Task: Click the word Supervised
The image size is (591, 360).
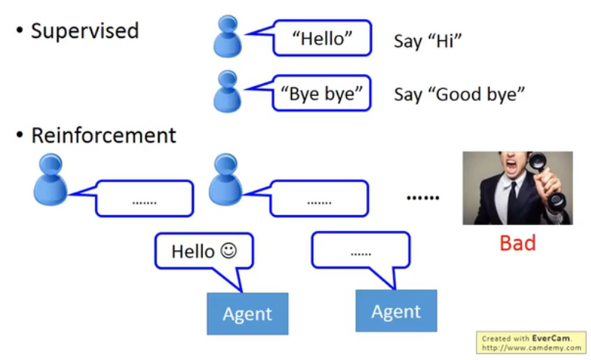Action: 85,31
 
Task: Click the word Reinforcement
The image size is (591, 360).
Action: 104,135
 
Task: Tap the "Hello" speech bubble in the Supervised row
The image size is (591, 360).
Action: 322,38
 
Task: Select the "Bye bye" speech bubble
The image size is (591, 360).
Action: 321,94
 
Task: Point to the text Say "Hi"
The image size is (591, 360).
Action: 428,41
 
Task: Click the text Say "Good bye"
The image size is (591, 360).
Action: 459,94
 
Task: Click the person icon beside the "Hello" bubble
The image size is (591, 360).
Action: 227,36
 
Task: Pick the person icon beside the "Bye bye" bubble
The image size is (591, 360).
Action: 227,91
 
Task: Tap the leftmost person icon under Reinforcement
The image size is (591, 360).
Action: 50,179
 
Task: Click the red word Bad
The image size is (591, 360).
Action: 517,243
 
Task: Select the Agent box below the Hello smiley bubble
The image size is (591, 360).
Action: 248,314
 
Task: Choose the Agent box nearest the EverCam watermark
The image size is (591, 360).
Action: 396,311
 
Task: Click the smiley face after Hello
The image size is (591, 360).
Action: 229,251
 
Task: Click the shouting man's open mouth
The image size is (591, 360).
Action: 512,165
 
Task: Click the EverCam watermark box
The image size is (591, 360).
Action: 531,343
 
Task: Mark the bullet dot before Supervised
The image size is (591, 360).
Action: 19,31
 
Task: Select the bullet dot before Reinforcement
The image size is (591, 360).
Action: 19,135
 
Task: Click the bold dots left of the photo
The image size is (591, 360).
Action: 423,197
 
